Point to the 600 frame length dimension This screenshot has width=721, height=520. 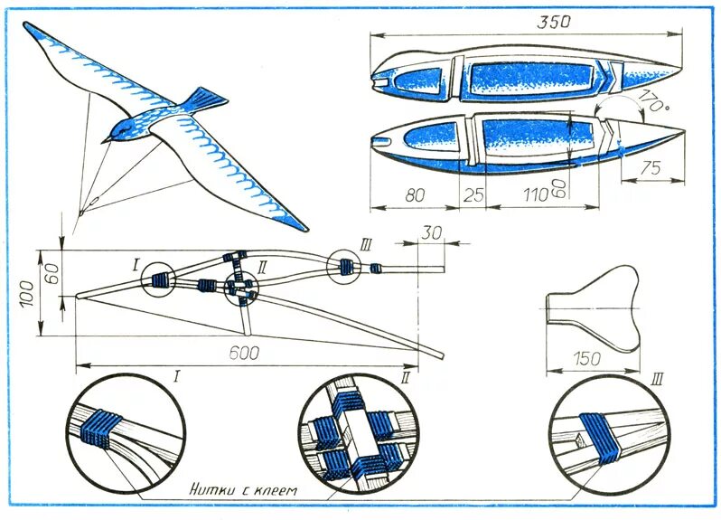point(242,355)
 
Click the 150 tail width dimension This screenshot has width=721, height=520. point(587,359)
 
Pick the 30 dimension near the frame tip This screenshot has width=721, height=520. point(431,232)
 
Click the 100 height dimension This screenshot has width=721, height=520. point(30,291)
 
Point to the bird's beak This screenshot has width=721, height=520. point(106,140)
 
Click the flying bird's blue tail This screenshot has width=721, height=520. point(206,97)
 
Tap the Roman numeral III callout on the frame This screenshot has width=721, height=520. point(365,244)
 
